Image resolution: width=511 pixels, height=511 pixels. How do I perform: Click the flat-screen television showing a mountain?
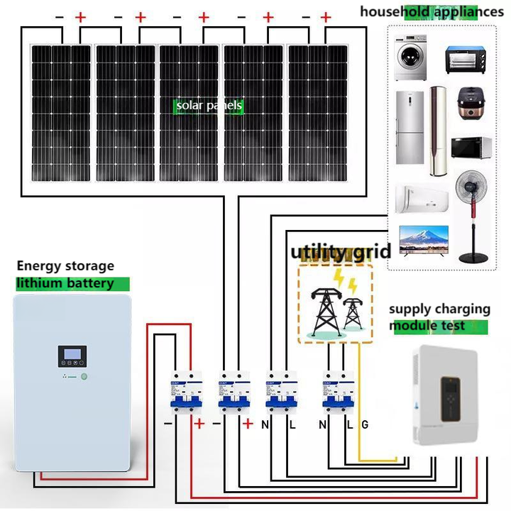424,239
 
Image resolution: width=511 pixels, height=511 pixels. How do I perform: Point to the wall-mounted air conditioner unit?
422,198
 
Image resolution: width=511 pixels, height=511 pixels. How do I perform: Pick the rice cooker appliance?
469,104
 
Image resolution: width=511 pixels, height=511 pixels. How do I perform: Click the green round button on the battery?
84,377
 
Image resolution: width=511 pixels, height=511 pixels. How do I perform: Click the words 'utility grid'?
341,252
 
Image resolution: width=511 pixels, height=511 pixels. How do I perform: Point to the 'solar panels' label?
209,106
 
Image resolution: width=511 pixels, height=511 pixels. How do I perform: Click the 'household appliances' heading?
432,11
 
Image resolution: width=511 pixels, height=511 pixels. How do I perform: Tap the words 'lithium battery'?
65,283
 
